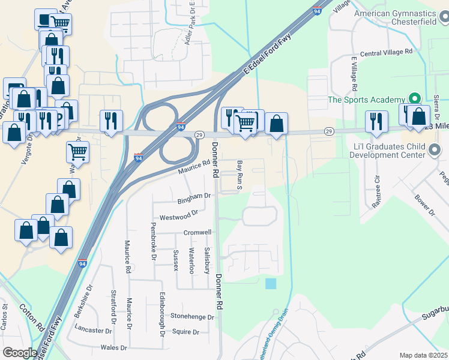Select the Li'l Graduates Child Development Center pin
pyautogui.click(x=435, y=150)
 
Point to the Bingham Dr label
pyautogui.click(x=194, y=196)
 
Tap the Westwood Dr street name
pyautogui.click(x=179, y=214)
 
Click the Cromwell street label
pyautogui.click(x=197, y=232)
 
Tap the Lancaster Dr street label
pyautogui.click(x=94, y=329)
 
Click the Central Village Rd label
pyautogui.click(x=386, y=52)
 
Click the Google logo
pyautogui.click(x=20, y=353)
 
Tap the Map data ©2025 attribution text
pyautogui.click(x=423, y=355)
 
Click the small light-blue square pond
pyautogui.click(x=271, y=283)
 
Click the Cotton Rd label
pyautogui.click(x=31, y=317)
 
